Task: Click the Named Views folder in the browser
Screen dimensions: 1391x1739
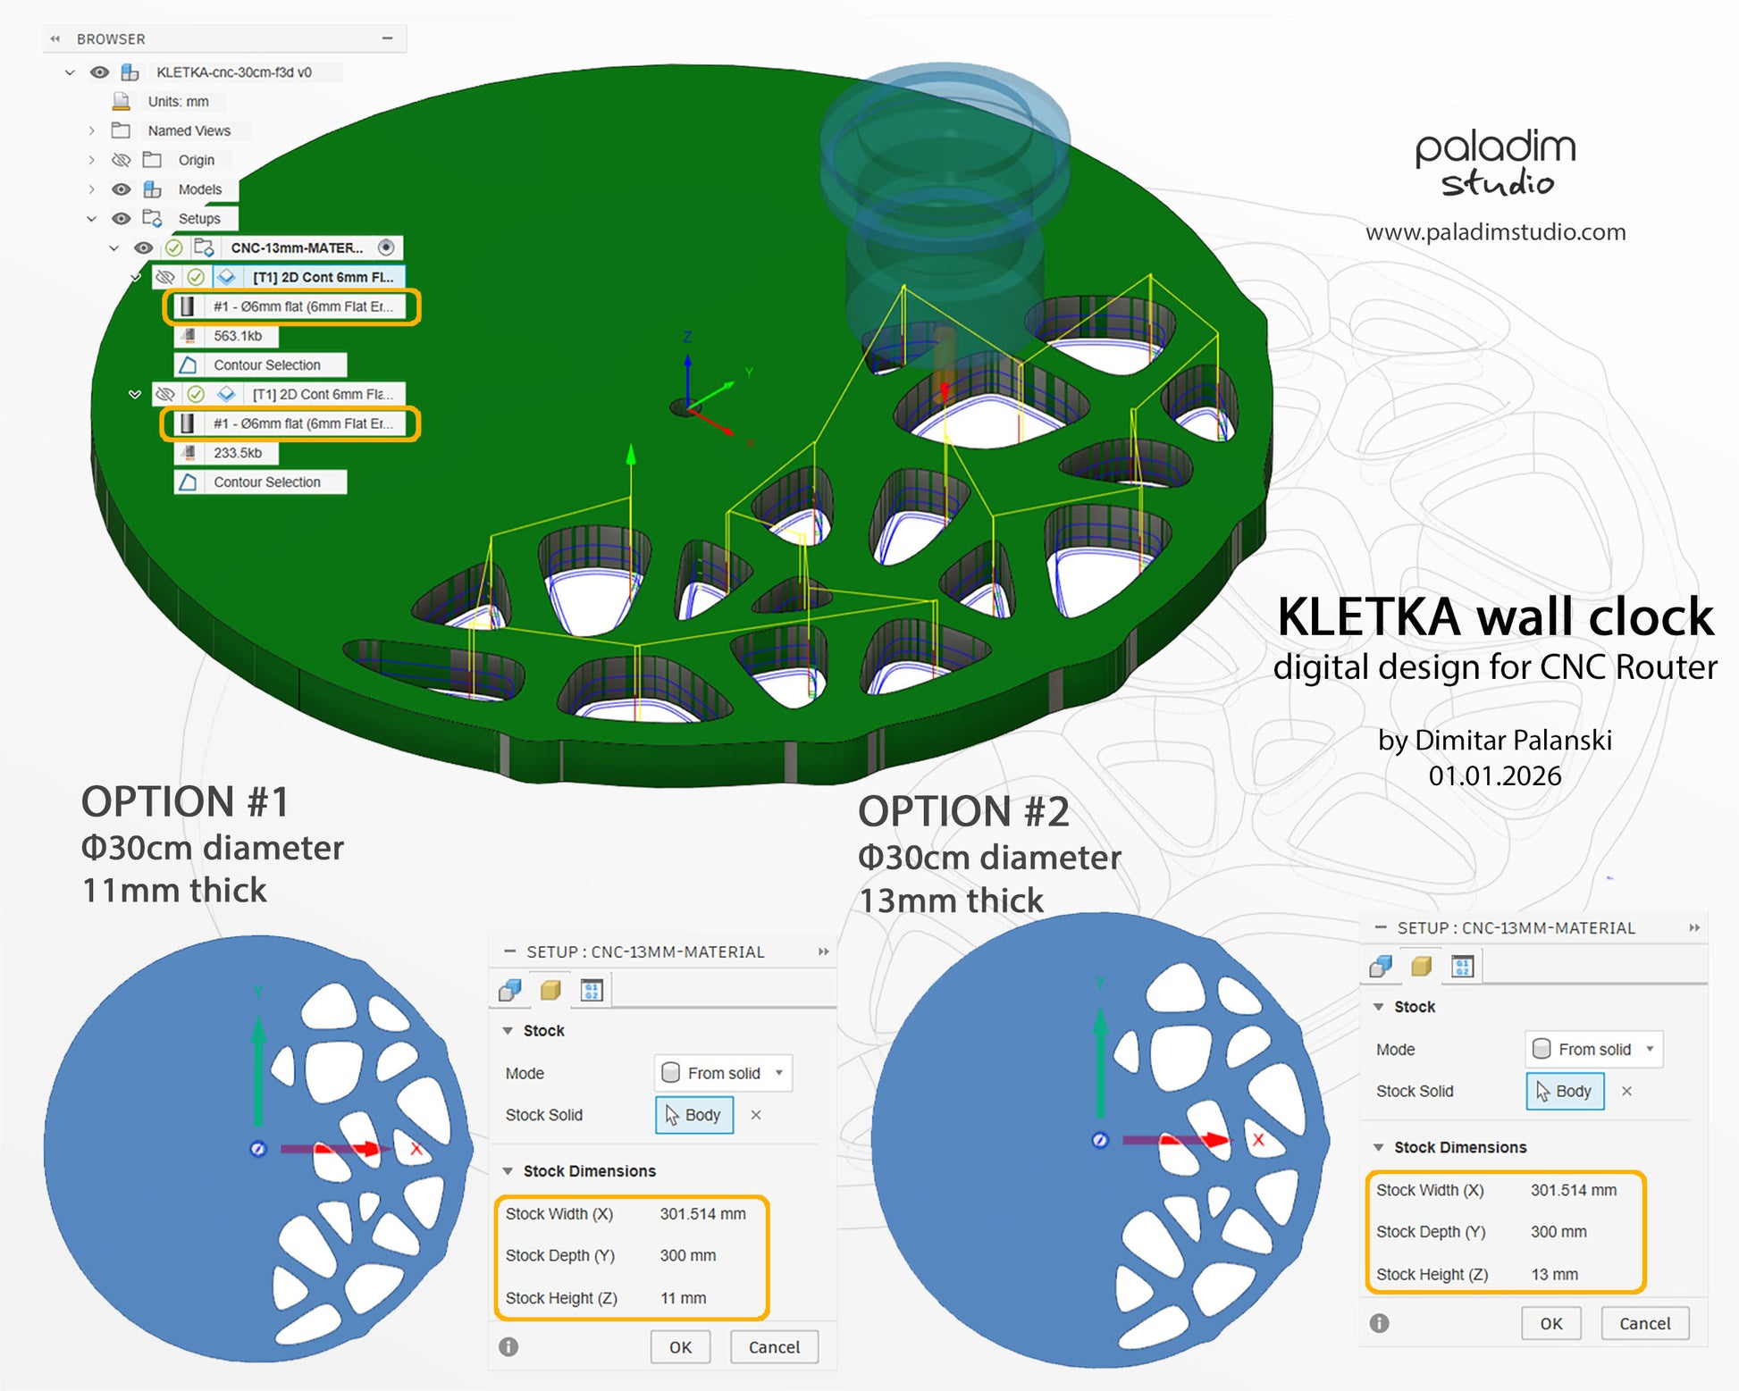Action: [x=189, y=130]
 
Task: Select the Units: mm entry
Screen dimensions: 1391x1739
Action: [x=178, y=102]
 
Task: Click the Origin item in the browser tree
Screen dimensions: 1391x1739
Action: [x=196, y=160]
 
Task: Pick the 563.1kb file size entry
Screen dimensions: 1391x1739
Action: [x=237, y=336]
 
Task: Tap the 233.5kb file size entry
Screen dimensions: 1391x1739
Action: [x=237, y=453]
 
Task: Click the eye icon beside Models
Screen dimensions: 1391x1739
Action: [x=121, y=189]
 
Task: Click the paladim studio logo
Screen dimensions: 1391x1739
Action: [x=1495, y=163]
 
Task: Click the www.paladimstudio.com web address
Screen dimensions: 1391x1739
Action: [x=1495, y=232]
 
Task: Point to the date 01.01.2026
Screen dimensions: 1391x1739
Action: [x=1494, y=775]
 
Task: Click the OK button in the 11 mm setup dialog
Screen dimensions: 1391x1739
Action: [x=680, y=1347]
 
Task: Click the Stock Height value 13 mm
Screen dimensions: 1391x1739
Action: [x=1554, y=1274]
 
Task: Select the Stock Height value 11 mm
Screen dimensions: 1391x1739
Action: [x=683, y=1298]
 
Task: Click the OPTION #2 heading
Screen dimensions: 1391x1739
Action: [x=963, y=812]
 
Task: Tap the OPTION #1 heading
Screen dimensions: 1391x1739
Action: [x=185, y=802]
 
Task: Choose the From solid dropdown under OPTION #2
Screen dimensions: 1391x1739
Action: [x=1593, y=1049]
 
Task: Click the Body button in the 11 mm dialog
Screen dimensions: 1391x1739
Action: [x=694, y=1115]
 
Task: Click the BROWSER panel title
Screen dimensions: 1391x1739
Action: [x=111, y=39]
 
